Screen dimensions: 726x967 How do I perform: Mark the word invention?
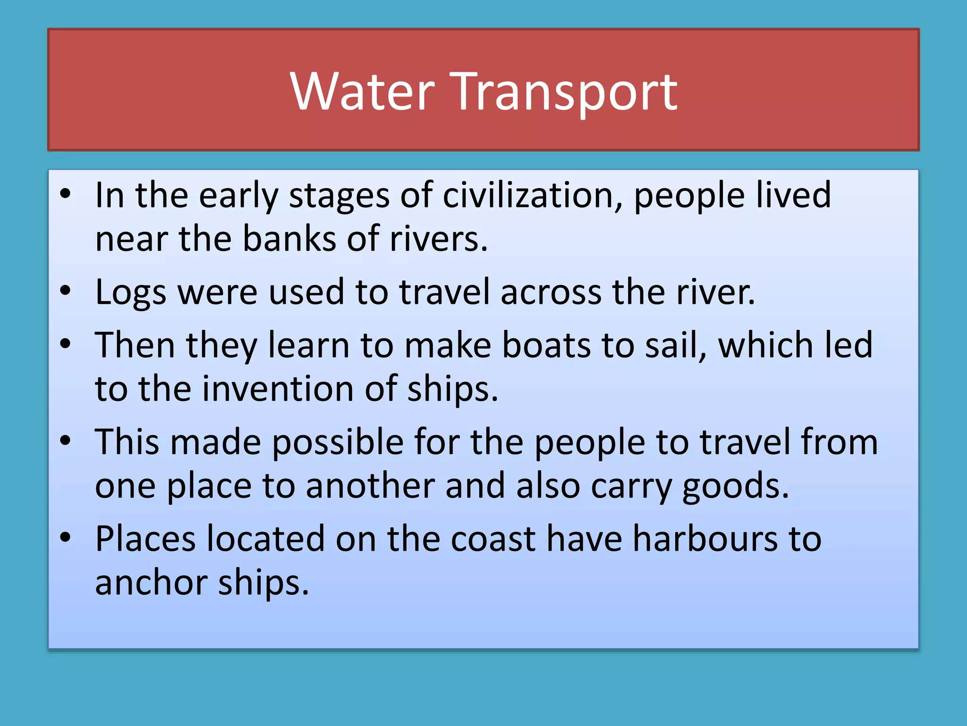tap(278, 389)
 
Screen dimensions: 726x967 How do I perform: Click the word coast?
tap(493, 539)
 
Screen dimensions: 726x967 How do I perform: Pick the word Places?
tap(145, 539)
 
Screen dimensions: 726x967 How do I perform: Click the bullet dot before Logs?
tap(65, 291)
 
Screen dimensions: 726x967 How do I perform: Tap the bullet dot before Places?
tap(65, 537)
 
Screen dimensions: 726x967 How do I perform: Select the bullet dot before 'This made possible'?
tap(65, 441)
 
